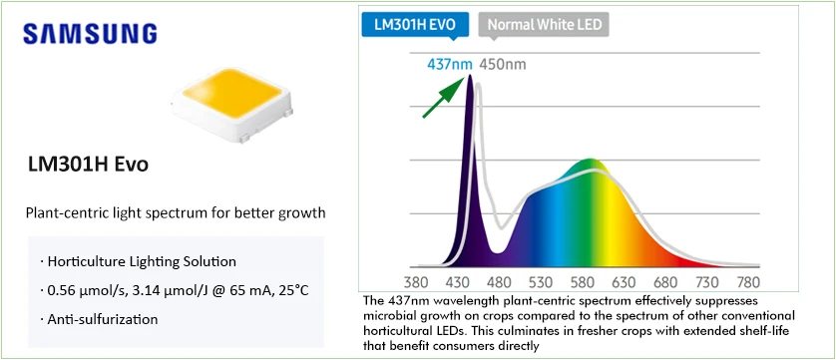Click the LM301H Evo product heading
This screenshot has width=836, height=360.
(x=89, y=165)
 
